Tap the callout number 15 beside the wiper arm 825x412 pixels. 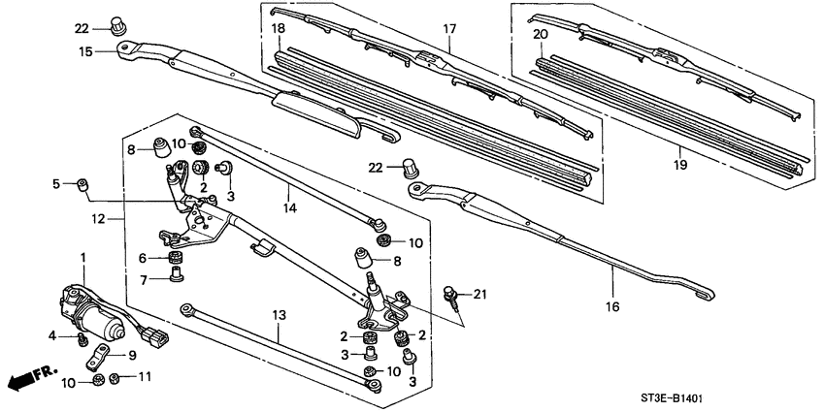click(x=86, y=52)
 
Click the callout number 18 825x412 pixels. click(x=279, y=30)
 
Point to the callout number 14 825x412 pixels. click(x=288, y=207)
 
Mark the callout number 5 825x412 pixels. click(x=56, y=183)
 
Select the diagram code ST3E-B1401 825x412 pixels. click(x=747, y=398)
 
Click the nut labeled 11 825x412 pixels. click(x=115, y=376)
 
